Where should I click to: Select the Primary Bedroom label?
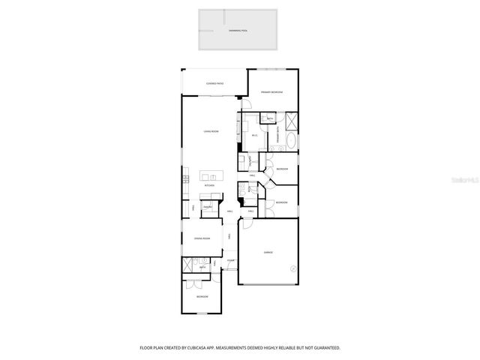point(272,91)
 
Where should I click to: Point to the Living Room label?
point(211,132)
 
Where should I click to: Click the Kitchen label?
point(209,185)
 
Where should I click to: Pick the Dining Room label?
point(202,238)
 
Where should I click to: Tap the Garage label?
point(268,253)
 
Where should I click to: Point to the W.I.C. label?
point(255,136)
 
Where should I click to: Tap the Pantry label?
point(208,207)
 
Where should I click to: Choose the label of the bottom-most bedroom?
point(202,297)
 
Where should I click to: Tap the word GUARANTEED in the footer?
point(325,348)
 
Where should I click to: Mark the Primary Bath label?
point(279,136)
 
